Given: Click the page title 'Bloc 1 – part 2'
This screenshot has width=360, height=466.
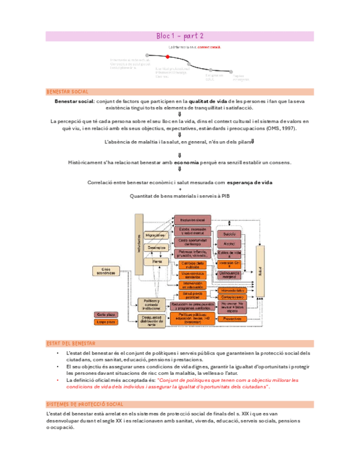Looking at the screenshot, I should click(180, 36).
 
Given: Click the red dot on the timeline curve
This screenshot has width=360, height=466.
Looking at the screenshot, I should click(167, 57).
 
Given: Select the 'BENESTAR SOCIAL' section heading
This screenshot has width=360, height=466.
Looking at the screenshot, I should click(68, 92).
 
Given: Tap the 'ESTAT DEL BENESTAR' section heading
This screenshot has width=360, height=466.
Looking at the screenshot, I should click(71, 343).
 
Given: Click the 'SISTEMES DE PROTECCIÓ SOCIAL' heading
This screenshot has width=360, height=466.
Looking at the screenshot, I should click(81, 404).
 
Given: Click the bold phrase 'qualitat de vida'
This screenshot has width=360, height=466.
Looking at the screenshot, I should click(208, 102).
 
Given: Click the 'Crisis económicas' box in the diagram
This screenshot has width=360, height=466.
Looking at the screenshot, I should click(109, 270).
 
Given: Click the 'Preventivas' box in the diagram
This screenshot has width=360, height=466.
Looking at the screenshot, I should click(233, 318).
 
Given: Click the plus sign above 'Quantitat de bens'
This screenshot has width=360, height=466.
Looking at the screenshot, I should click(180, 189).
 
